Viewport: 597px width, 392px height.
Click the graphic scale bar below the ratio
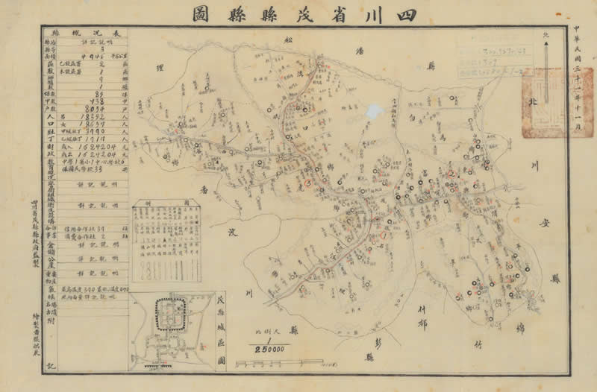click(x=280, y=363)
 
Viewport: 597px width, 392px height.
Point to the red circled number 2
click(x=451, y=174)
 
